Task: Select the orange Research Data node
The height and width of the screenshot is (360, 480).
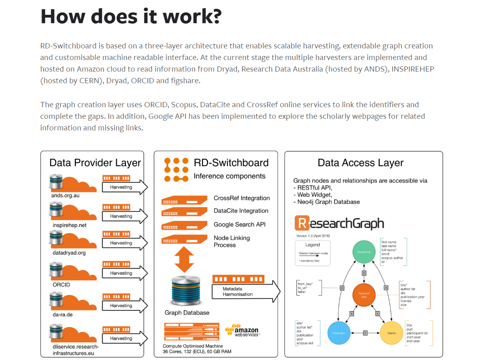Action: click(x=364, y=295)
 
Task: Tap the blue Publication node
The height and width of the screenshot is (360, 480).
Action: click(x=339, y=333)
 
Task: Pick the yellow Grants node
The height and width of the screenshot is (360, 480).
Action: click(x=391, y=333)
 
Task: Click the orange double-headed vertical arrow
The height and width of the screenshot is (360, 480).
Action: click(x=184, y=259)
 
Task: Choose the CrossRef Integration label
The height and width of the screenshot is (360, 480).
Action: click(x=242, y=198)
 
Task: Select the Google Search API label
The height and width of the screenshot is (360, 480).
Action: click(x=240, y=224)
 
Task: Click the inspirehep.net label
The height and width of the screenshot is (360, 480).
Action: click(x=70, y=225)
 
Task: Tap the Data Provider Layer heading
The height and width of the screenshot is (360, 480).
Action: click(x=95, y=163)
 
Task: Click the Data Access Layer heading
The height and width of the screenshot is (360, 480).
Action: click(x=360, y=163)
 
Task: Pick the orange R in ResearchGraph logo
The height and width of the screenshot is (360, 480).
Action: click(x=301, y=223)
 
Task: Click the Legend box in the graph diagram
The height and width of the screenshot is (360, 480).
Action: click(x=313, y=253)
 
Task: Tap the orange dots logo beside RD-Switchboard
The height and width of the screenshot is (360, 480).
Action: click(x=176, y=170)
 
